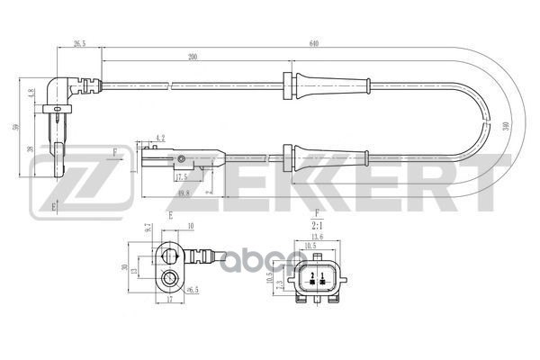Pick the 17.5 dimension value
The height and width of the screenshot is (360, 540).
(x=183, y=176)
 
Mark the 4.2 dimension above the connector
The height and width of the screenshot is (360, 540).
(x=161, y=138)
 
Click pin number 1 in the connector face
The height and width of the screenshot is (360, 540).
(x=321, y=274)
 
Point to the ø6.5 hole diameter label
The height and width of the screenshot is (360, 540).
(x=192, y=290)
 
